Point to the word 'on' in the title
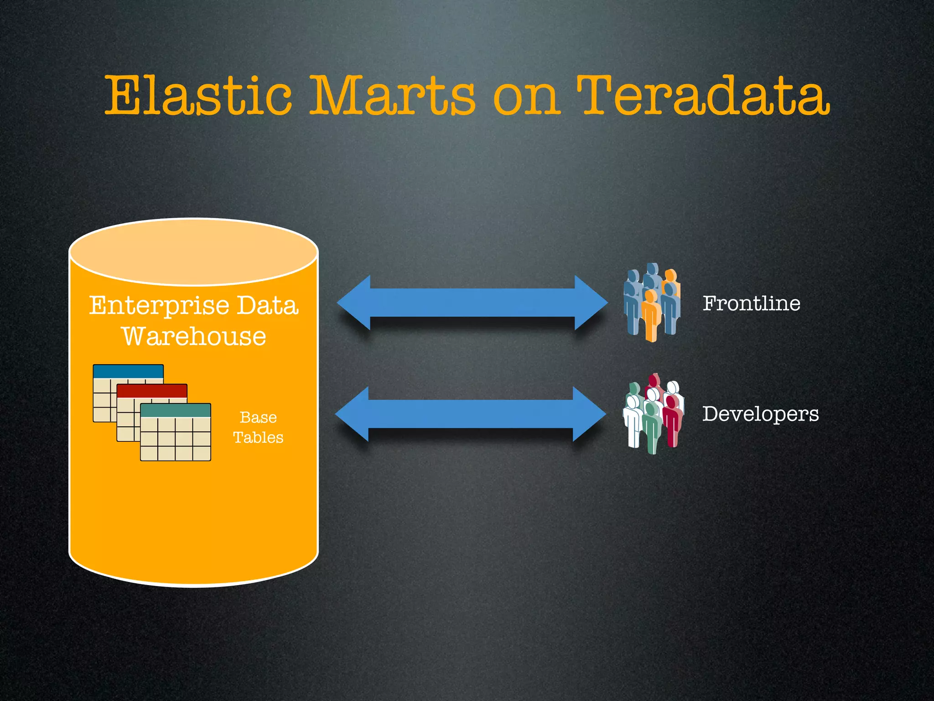(526, 98)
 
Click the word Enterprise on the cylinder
(158, 306)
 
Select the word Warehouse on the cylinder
(194, 337)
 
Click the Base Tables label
(258, 427)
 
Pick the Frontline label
(751, 303)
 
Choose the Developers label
(760, 414)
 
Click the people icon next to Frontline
(652, 302)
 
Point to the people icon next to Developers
(653, 413)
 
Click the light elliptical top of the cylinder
(193, 252)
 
